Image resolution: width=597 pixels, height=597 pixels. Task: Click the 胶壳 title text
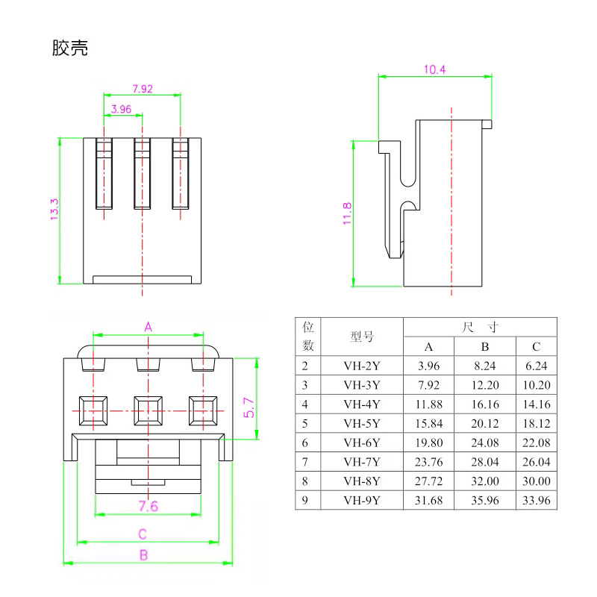click(x=70, y=49)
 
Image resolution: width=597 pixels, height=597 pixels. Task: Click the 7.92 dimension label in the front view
click(x=142, y=89)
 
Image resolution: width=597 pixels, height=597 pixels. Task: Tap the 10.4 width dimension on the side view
click(x=434, y=69)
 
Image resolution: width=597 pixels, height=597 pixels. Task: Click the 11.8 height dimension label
click(x=347, y=213)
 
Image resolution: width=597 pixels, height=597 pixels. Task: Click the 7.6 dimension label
click(x=149, y=507)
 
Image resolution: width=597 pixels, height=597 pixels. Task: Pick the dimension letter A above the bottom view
click(x=148, y=327)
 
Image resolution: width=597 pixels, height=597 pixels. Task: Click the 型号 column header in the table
click(x=362, y=337)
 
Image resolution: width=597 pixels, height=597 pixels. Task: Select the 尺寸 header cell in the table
click(x=480, y=327)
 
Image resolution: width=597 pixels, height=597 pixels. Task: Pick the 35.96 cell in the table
click(x=484, y=501)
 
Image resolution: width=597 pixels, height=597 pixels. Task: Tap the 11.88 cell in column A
click(x=428, y=404)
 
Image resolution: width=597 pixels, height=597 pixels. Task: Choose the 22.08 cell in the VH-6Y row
click(x=536, y=443)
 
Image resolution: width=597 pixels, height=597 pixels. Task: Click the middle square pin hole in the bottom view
click(x=149, y=409)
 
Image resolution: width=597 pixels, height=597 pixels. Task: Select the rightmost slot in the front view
click(x=181, y=174)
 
